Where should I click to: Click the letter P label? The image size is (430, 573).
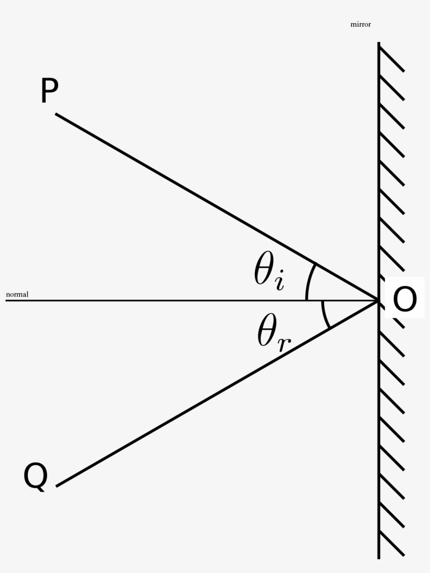click(49, 91)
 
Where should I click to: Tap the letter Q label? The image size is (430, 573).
click(36, 477)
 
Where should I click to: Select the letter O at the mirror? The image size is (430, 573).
click(405, 299)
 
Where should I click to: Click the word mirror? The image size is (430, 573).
click(360, 25)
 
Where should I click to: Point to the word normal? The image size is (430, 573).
click(17, 294)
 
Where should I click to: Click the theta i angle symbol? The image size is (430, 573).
click(269, 271)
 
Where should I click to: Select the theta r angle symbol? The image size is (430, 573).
click(274, 332)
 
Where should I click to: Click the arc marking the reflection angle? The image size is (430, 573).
click(324, 314)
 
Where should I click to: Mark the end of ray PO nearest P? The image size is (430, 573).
click(56, 114)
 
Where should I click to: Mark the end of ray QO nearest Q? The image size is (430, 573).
click(56, 486)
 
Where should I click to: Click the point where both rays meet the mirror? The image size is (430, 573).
click(379, 301)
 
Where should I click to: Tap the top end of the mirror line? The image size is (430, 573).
click(379, 42)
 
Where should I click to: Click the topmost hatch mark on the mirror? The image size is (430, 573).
click(392, 59)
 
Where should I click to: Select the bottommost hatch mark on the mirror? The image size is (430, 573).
click(392, 543)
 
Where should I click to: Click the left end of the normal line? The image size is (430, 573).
click(6, 301)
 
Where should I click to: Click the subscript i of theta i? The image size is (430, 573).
click(279, 281)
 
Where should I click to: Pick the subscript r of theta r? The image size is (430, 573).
click(284, 344)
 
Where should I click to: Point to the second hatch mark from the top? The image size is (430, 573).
click(392, 87)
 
